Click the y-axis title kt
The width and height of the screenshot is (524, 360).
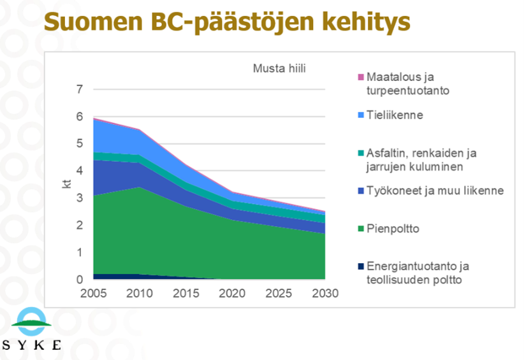pos(66,185)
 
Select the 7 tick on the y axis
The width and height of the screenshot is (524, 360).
pos(80,89)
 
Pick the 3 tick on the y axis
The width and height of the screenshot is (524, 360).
pos(80,198)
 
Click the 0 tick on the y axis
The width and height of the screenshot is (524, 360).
pos(80,280)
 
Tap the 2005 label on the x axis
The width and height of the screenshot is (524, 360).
pos(93,293)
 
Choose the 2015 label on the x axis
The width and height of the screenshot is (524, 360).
pos(186,293)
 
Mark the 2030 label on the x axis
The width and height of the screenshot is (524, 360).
pos(324,293)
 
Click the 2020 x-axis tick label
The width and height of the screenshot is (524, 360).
pos(232,293)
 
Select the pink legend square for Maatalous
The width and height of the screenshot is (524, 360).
pos(361,78)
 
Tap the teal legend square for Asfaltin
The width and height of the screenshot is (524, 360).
pos(361,153)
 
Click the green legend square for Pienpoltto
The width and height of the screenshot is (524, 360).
pos(361,229)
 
